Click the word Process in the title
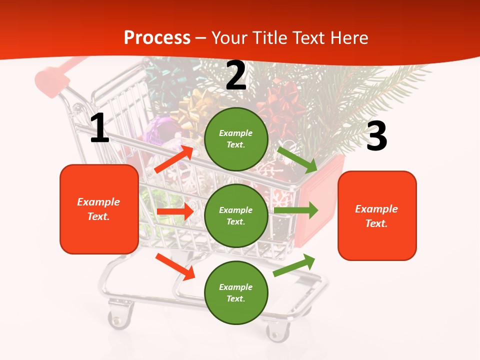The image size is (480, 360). pos(157,38)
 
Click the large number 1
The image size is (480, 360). pos(99,128)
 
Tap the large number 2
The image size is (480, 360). pos(236,75)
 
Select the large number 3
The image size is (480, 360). pos(376,136)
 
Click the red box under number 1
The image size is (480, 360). pos(99,209)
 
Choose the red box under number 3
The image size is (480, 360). pos(377,215)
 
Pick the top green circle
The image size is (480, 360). pos(236,139)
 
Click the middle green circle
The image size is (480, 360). pos(236,215)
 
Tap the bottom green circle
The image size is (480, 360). pos(236,292)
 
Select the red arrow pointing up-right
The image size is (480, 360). pos(173,159)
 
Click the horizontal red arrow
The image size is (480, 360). pos(174,211)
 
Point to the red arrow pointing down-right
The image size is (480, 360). pos(175,266)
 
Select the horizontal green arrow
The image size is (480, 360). pos(296,210)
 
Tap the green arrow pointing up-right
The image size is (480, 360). pos(294,264)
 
